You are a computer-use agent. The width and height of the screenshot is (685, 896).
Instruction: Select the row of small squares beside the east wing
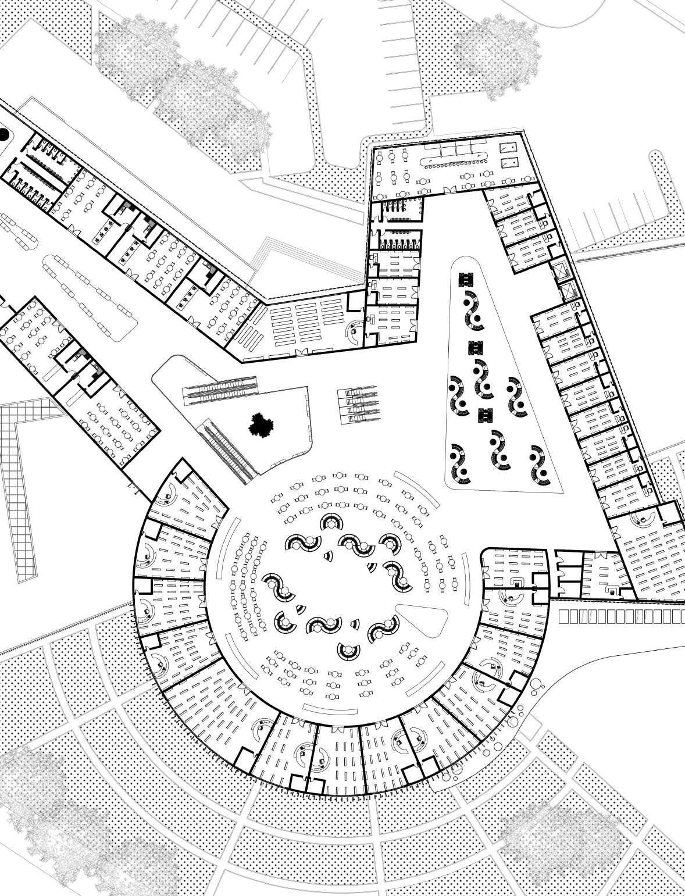(x=620, y=616)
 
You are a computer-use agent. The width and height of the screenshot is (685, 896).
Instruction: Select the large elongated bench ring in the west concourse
(x=90, y=297)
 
